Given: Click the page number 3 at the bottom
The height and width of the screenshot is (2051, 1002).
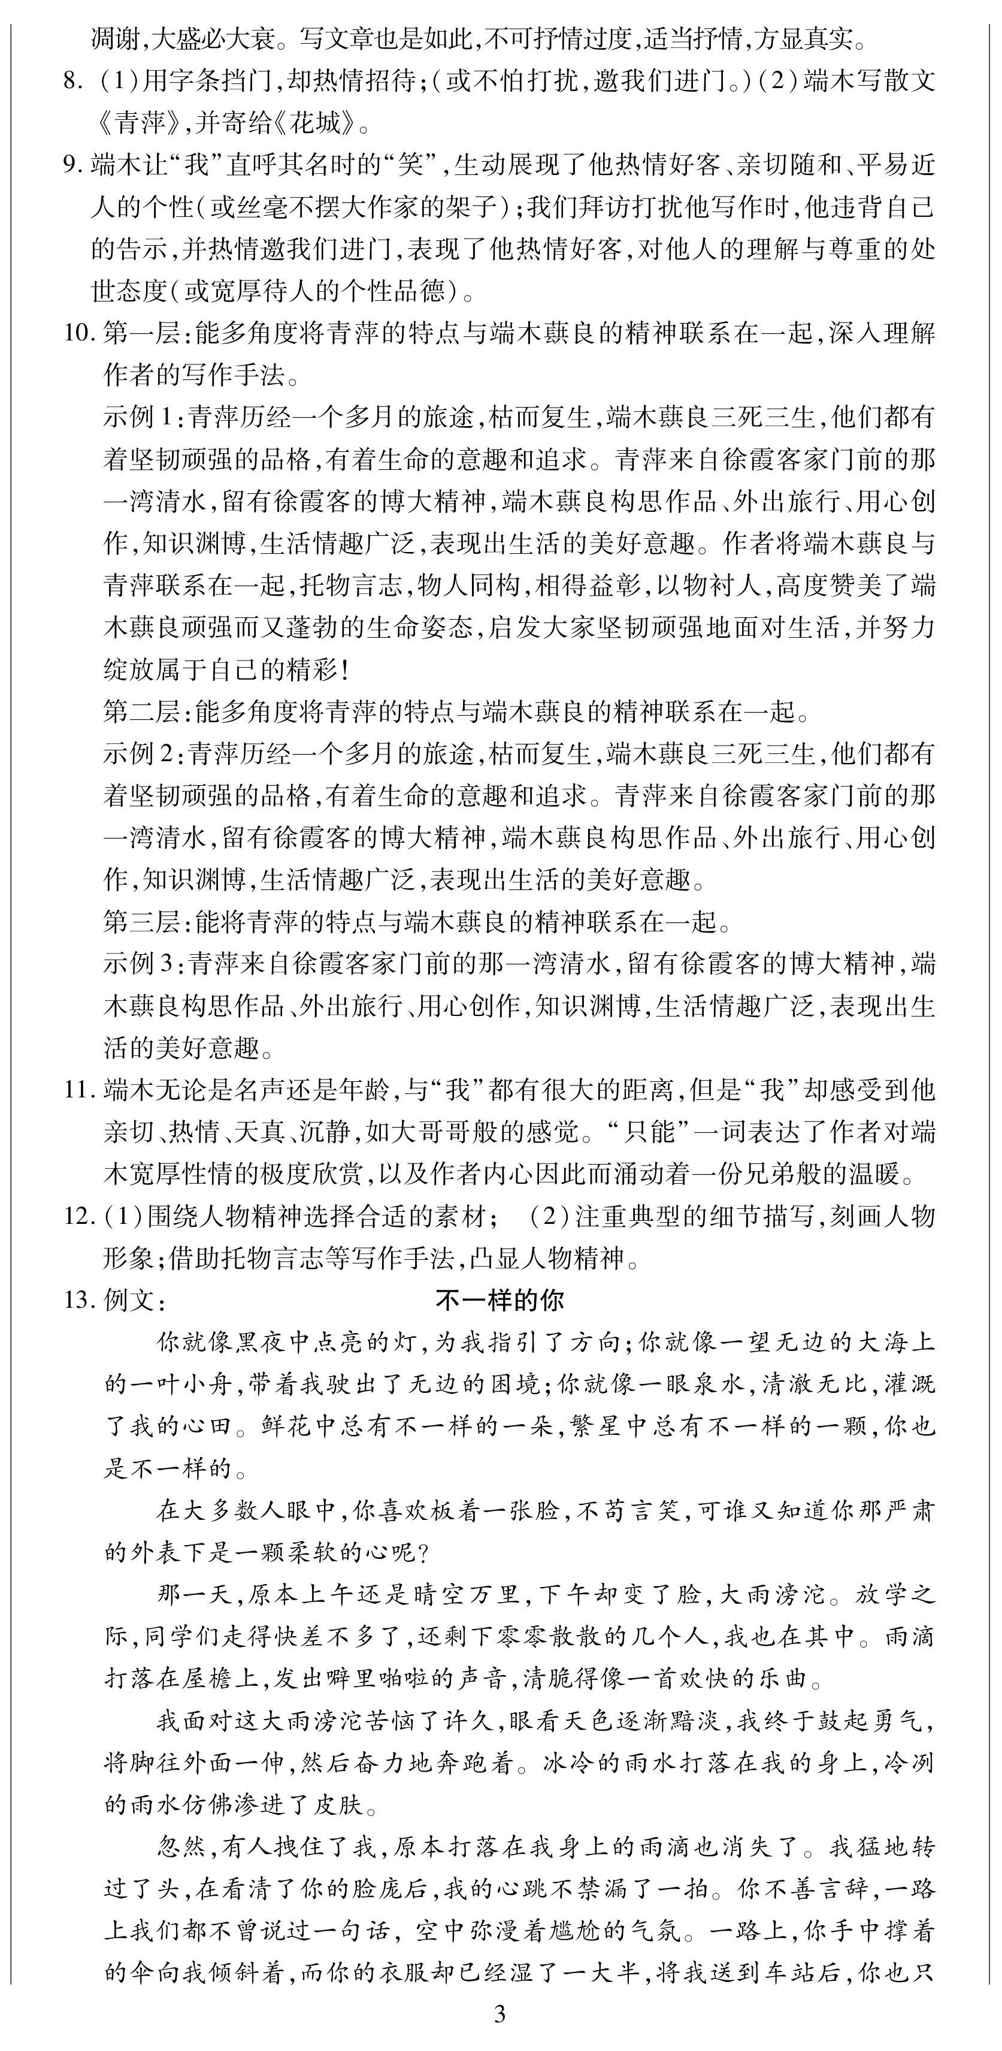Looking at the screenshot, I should point(500,2014).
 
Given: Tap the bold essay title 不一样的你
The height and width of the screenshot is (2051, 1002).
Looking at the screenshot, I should point(500,1300).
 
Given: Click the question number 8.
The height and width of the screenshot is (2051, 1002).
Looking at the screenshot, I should point(72,81).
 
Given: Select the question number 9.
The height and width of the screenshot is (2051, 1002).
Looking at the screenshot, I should point(72,165).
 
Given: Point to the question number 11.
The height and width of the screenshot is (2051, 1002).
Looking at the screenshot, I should point(79,1090).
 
